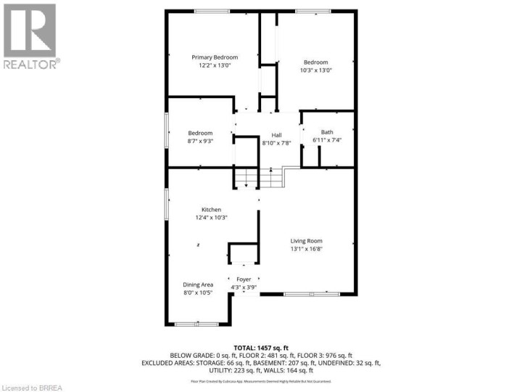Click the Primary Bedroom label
[x=215, y=57]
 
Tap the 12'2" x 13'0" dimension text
[x=215, y=65]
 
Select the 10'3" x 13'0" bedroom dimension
[x=316, y=70]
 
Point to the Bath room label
[x=327, y=131]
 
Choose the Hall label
[x=276, y=135]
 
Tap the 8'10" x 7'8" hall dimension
[x=276, y=143]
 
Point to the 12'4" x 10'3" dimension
[x=211, y=218]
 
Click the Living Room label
[x=306, y=241]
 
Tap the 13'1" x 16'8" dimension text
[x=306, y=249]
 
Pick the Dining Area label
[x=197, y=285]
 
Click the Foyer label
[x=244, y=279]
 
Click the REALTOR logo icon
[x=30, y=30]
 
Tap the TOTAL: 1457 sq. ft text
[x=261, y=348]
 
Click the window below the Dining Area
[x=197, y=323]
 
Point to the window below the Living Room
[x=306, y=294]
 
